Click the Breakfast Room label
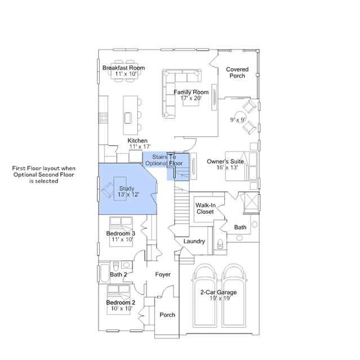click(x=123, y=68)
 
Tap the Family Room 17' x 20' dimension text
click(x=191, y=98)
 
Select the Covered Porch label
click(x=237, y=72)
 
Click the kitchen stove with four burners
click(x=103, y=118)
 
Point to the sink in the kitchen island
click(x=128, y=118)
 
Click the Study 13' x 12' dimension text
click(x=128, y=194)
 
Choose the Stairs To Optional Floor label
click(x=164, y=160)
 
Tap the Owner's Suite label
click(x=225, y=161)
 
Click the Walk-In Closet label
click(x=205, y=208)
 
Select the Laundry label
click(x=194, y=241)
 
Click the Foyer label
click(x=163, y=274)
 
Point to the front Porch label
click(x=167, y=315)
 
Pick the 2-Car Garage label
click(x=219, y=292)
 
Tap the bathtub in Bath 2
click(x=105, y=273)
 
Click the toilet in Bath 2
click(x=116, y=266)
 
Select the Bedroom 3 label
click(x=121, y=233)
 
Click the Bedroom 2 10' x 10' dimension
click(x=122, y=308)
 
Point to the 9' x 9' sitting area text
click(x=238, y=119)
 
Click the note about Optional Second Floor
click(x=44, y=175)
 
